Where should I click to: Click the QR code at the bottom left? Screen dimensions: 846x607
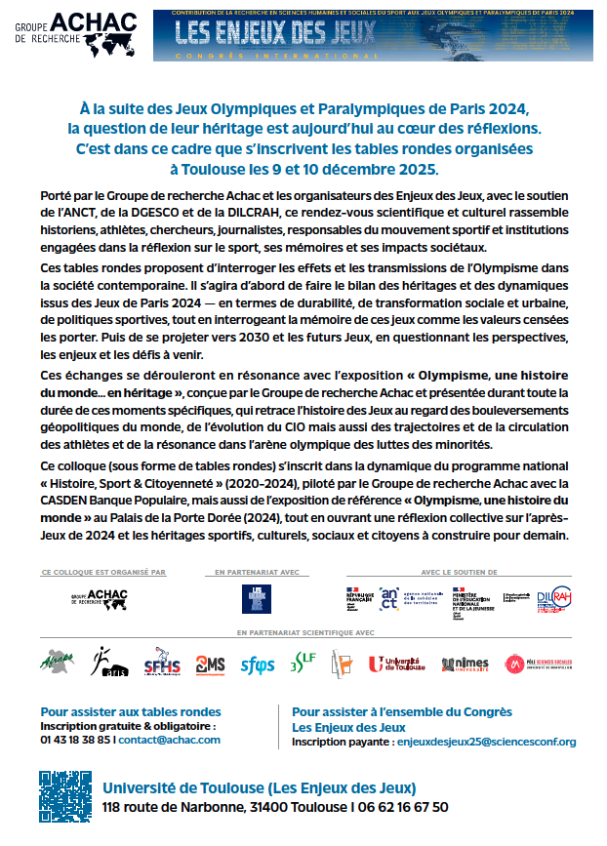65,795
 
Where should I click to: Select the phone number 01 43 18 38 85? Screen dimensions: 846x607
76,740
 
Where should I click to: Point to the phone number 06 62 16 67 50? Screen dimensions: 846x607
401,807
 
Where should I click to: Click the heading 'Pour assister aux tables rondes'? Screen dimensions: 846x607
131,711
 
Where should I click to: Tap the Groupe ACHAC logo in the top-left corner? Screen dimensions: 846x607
73,35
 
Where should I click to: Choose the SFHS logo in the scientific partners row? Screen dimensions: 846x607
162,665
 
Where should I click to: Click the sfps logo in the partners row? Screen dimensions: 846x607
258,665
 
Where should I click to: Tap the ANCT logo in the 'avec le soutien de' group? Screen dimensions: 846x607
390,597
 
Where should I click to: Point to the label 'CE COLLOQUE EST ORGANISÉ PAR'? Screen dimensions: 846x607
103,572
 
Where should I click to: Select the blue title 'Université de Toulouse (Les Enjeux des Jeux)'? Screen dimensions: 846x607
259,787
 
